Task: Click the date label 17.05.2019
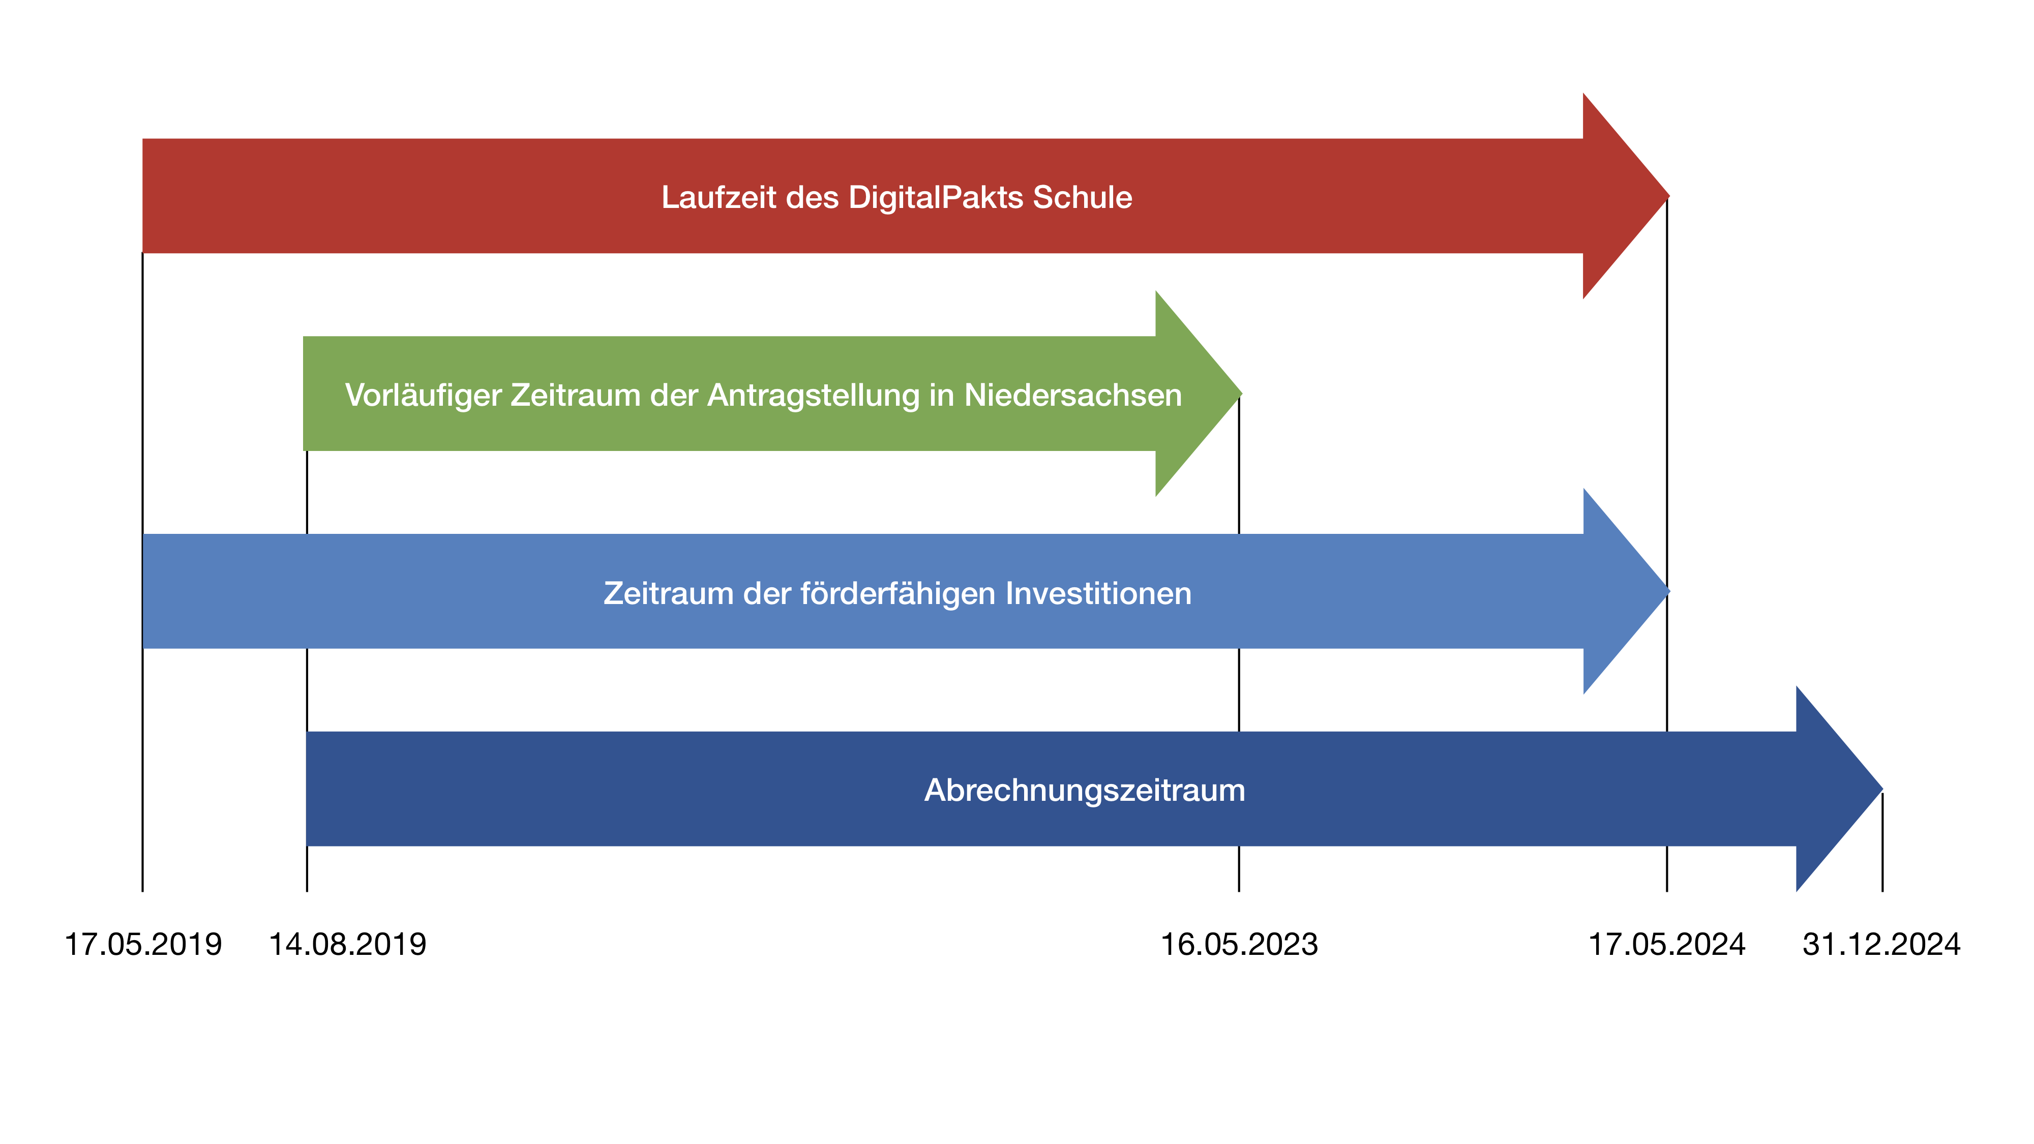pos(143,944)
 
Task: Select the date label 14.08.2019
pos(347,944)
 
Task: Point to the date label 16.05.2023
pos(1239,944)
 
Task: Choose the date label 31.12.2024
pos(1881,944)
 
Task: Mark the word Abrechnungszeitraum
pos(1084,790)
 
